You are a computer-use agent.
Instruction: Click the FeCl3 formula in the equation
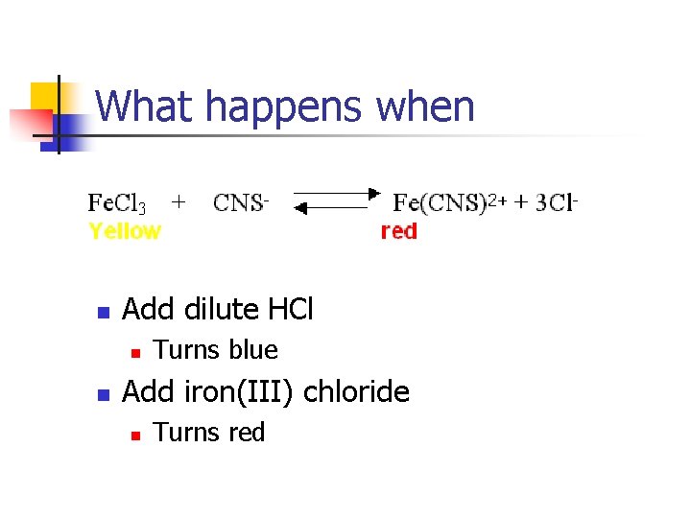point(117,203)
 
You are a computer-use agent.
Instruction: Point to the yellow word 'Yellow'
point(125,231)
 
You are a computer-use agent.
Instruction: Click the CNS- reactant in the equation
point(241,203)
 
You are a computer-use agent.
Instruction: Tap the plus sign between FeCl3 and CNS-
point(179,201)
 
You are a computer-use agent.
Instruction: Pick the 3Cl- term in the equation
point(558,202)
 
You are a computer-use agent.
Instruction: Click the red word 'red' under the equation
point(399,231)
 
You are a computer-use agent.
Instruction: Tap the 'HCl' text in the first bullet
point(290,310)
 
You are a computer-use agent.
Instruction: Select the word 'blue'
point(253,351)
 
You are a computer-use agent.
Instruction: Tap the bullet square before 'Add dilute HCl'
point(104,312)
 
